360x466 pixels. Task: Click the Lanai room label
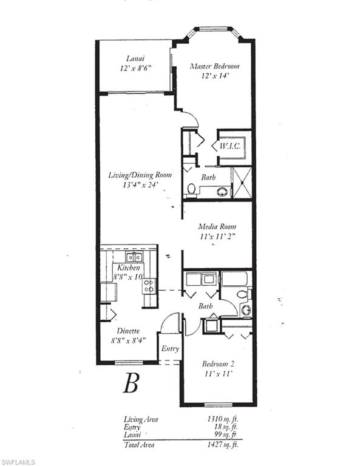tap(135, 59)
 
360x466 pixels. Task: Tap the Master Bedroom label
tap(214, 66)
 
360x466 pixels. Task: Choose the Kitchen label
tap(129, 268)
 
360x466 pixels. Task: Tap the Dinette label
tap(128, 331)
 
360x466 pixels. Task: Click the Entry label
tap(170, 349)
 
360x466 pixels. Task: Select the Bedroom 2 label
tap(217, 364)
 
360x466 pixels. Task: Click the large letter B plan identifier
tap(131, 383)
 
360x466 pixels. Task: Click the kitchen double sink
tap(134, 257)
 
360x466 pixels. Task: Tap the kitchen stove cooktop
tap(149, 285)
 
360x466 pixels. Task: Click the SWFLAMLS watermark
tap(18, 462)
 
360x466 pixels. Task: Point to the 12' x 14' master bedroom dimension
tap(214, 76)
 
